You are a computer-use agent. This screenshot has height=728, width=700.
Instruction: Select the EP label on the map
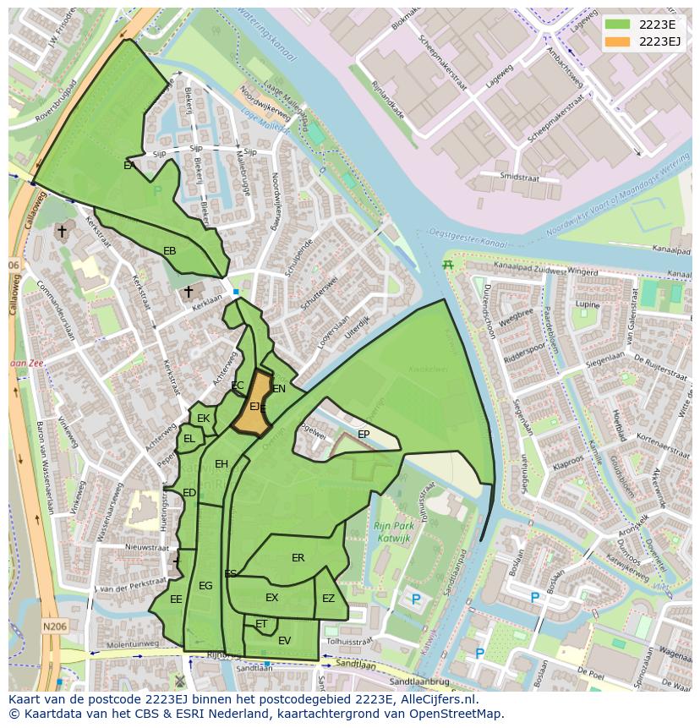[364, 435]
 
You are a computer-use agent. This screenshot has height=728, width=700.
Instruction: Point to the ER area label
[298, 558]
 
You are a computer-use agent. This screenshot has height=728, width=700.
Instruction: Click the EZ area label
[328, 599]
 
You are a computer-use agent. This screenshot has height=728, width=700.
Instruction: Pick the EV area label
[284, 641]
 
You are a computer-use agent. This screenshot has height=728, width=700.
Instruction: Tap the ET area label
[261, 624]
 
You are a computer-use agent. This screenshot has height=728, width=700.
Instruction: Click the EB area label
[169, 251]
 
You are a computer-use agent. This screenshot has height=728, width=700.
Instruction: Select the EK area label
[203, 419]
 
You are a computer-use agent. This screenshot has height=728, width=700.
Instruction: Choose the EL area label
[189, 439]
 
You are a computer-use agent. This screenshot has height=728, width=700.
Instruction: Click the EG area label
[205, 586]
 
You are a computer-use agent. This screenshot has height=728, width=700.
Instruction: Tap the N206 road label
[54, 627]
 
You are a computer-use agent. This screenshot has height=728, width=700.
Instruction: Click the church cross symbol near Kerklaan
[189, 292]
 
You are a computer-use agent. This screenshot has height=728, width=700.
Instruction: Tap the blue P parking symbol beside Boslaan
[534, 599]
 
